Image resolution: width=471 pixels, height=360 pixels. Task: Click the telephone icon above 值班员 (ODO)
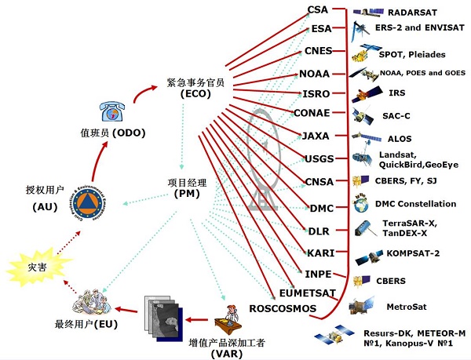coord(112,111)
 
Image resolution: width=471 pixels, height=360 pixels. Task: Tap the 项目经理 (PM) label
coord(184,187)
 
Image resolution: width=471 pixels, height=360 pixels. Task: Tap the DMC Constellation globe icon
coord(362,205)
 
